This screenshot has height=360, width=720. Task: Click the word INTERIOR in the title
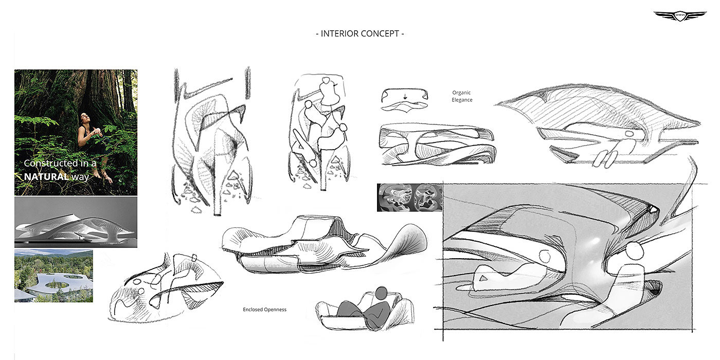(x=342, y=34)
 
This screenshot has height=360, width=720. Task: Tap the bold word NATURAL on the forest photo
(x=46, y=176)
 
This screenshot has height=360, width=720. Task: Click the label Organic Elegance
(x=462, y=96)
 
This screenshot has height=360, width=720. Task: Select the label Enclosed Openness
(x=264, y=310)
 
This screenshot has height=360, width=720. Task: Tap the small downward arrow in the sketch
(x=404, y=96)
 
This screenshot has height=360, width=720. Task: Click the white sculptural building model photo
(x=76, y=223)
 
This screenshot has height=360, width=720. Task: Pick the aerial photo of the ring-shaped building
(x=53, y=276)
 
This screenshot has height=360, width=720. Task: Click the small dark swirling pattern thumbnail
(x=409, y=197)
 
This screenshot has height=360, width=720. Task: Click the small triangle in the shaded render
(x=482, y=277)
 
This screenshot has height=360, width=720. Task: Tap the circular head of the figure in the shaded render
(x=635, y=251)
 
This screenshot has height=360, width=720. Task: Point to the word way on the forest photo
(x=80, y=176)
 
